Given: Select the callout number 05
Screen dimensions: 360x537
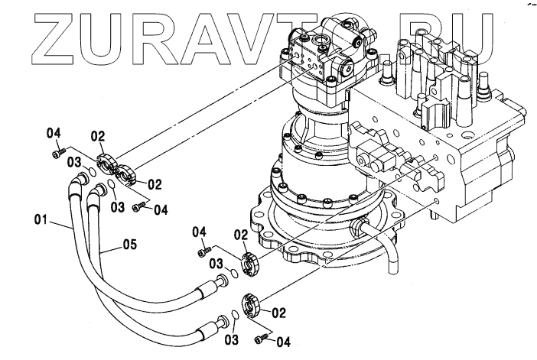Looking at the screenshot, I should pos(129,246).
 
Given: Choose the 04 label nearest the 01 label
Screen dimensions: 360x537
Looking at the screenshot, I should pos(54,134).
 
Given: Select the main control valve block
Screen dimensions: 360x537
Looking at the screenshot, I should pos(451,130).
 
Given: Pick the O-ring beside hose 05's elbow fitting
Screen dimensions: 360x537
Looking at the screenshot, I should pos(112,183).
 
